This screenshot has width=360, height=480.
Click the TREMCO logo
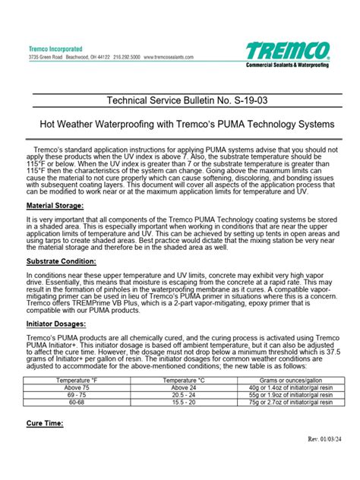pos(288,52)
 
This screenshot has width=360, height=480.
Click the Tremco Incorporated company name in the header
pos(57,48)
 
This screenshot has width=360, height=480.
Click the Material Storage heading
pos(55,206)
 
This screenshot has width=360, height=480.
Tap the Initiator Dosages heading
pos(57,323)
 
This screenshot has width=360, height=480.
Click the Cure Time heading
pos(45,422)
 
